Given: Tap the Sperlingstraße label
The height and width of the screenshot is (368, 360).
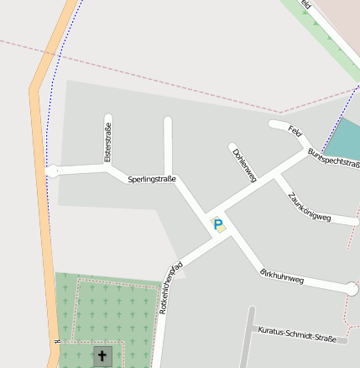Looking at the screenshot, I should tap(152, 179).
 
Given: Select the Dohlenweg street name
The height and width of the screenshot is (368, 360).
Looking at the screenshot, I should tap(244, 162).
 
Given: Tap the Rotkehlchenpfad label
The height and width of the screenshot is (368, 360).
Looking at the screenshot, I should tap(172, 287).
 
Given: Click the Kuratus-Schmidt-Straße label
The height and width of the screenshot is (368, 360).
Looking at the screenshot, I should tap(298, 334).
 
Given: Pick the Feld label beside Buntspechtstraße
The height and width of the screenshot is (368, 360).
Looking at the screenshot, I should tap(295, 130).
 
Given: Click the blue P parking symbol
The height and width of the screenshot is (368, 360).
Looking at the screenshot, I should tap(218, 224).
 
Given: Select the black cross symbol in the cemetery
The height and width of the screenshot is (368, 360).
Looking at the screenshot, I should tap(102, 356).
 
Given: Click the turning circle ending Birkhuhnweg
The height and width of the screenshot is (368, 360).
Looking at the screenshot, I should tap(352, 289).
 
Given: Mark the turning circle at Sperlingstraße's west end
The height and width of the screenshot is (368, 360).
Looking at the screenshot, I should tap(52, 171).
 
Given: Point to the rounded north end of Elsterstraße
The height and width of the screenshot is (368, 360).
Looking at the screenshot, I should tap(107, 118).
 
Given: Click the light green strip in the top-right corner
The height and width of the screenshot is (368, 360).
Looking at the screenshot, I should tap(323, 34).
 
